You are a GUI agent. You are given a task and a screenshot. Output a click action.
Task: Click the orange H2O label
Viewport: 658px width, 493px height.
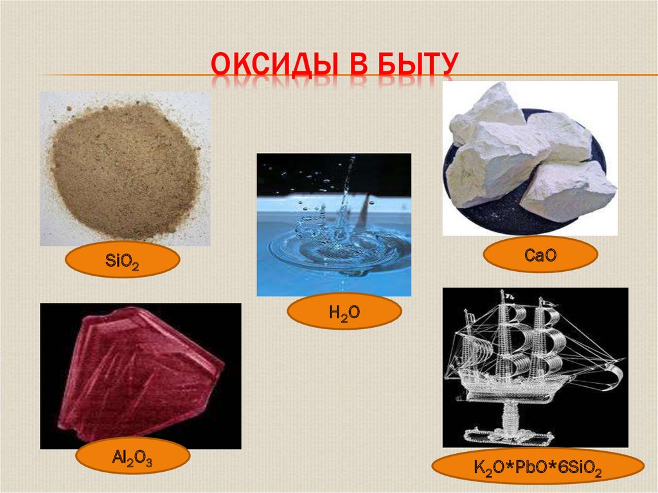pyautogui.click(x=344, y=312)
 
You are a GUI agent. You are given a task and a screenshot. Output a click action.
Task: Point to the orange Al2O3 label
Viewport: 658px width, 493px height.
pyautogui.click(x=132, y=458)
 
